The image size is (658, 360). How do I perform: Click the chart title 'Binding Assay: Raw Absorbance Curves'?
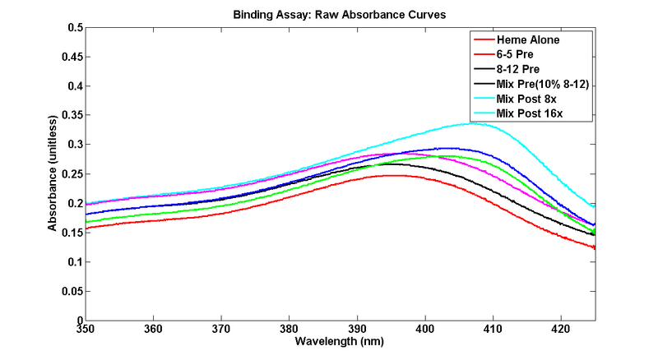pos(341,14)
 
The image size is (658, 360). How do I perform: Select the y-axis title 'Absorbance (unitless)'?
pos(52,173)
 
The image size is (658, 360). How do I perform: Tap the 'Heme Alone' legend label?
pos(526,39)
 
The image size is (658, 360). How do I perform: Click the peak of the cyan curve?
pos(472,123)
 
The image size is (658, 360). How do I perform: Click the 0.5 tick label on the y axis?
pos(74,27)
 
